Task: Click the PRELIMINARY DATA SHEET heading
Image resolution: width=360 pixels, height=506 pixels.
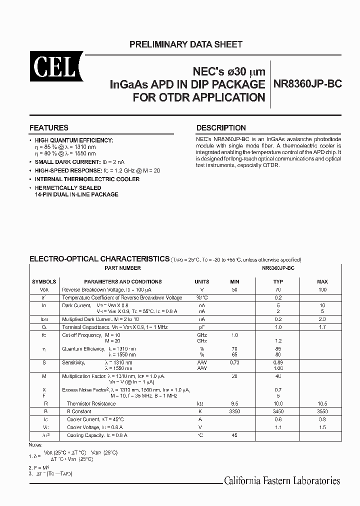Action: pyautogui.click(x=186, y=44)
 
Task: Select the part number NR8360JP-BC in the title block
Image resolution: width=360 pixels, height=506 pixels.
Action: pyautogui.click(x=307, y=84)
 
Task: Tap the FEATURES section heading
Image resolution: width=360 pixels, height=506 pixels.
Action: pyautogui.click(x=49, y=127)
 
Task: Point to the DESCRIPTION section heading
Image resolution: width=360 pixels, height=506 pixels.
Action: pyautogui.click(x=221, y=127)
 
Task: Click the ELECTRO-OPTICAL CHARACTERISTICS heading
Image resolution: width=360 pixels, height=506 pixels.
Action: pyautogui.click(x=99, y=259)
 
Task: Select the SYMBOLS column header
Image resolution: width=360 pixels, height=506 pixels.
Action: pyautogui.click(x=44, y=281)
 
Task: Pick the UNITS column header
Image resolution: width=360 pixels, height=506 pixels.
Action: pyautogui.click(x=202, y=281)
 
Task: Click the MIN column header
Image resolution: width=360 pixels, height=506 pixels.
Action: pyautogui.click(x=235, y=281)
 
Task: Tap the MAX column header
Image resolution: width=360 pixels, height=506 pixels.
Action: pyautogui.click(x=322, y=281)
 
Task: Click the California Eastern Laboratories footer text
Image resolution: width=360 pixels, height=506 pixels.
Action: pyautogui.click(x=282, y=481)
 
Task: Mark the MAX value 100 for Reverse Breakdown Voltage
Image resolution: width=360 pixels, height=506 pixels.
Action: pyautogui.click(x=322, y=289)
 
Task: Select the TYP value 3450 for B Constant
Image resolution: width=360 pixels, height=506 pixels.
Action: pyautogui.click(x=278, y=411)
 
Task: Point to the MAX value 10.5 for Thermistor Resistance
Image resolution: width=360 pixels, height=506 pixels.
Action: pyautogui.click(x=322, y=403)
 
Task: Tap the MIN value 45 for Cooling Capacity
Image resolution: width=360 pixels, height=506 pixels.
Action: pyautogui.click(x=235, y=435)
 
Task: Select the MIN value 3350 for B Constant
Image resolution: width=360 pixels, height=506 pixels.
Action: pyautogui.click(x=235, y=411)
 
